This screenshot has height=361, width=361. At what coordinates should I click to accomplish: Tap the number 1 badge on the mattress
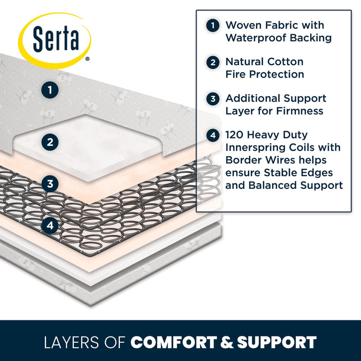[50, 90]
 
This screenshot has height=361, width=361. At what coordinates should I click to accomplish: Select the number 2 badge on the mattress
[50, 142]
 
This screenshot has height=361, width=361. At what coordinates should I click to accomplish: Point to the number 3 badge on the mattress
[50, 184]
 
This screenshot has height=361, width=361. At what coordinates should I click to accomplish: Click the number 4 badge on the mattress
[50, 226]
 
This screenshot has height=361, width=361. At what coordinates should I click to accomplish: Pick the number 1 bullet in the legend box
[213, 25]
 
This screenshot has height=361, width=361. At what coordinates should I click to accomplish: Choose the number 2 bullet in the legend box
[213, 62]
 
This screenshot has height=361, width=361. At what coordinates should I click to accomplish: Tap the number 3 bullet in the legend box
[213, 99]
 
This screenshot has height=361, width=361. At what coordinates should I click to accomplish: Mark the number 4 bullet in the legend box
[213, 135]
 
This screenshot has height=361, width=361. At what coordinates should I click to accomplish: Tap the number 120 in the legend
[237, 135]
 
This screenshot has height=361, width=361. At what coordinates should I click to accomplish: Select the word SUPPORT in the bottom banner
[277, 342]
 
